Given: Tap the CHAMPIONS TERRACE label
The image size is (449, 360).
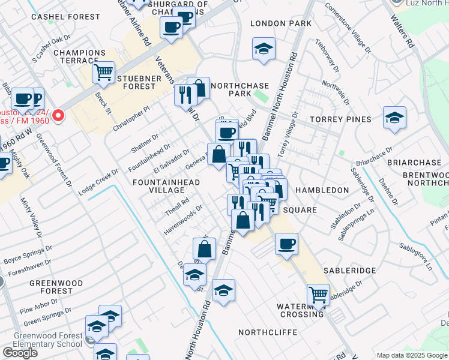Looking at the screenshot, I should [76, 57].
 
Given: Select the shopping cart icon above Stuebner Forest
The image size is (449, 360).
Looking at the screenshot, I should [104, 73].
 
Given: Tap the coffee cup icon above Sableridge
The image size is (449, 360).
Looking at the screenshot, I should [287, 244].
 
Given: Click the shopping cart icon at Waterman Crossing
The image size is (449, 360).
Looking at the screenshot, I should [318, 295].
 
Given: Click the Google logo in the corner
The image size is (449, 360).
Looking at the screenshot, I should [20, 353].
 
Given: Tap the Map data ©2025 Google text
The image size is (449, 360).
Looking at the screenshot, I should [412, 355].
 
